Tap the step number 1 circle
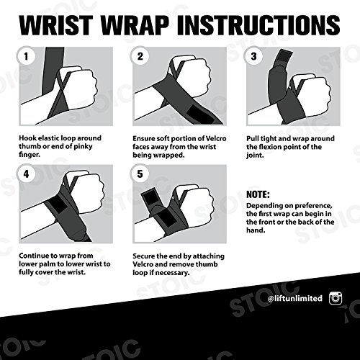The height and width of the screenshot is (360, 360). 27,56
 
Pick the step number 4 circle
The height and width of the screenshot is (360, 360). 27,174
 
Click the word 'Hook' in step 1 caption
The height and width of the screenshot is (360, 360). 31,137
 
